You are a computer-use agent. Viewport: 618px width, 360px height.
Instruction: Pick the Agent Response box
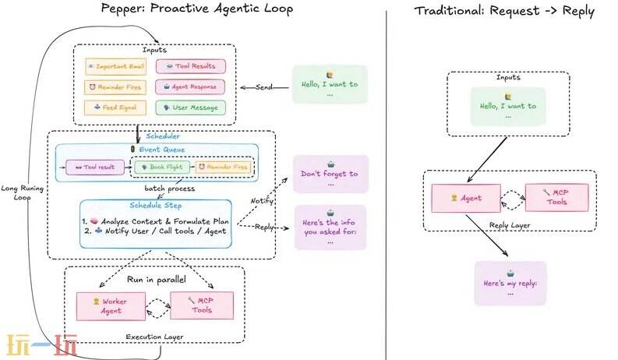[x=190, y=87]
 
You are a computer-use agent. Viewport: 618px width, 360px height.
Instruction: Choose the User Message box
[x=190, y=108]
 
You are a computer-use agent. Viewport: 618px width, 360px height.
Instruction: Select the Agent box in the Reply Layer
[x=466, y=198]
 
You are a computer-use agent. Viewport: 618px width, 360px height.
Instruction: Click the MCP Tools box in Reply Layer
[x=556, y=198]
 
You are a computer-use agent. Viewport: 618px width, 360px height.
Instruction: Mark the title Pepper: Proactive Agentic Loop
[x=197, y=9]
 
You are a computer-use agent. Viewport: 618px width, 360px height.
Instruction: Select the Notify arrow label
[x=261, y=200]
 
